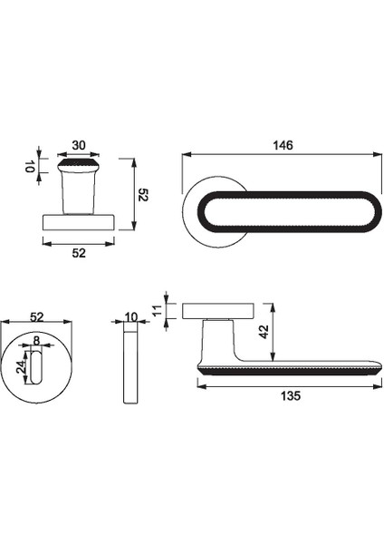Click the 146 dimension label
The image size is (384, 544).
[283, 145]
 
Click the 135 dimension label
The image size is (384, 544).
[291, 396]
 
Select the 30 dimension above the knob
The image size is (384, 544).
[79, 145]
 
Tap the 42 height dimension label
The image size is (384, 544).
[264, 332]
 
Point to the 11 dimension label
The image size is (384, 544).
[158, 310]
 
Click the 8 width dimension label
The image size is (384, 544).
[36, 340]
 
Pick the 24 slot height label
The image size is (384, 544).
[21, 366]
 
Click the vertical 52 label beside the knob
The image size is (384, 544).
[143, 194]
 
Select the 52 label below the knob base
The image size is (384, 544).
[79, 253]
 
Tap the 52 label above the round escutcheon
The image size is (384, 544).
[37, 316]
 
